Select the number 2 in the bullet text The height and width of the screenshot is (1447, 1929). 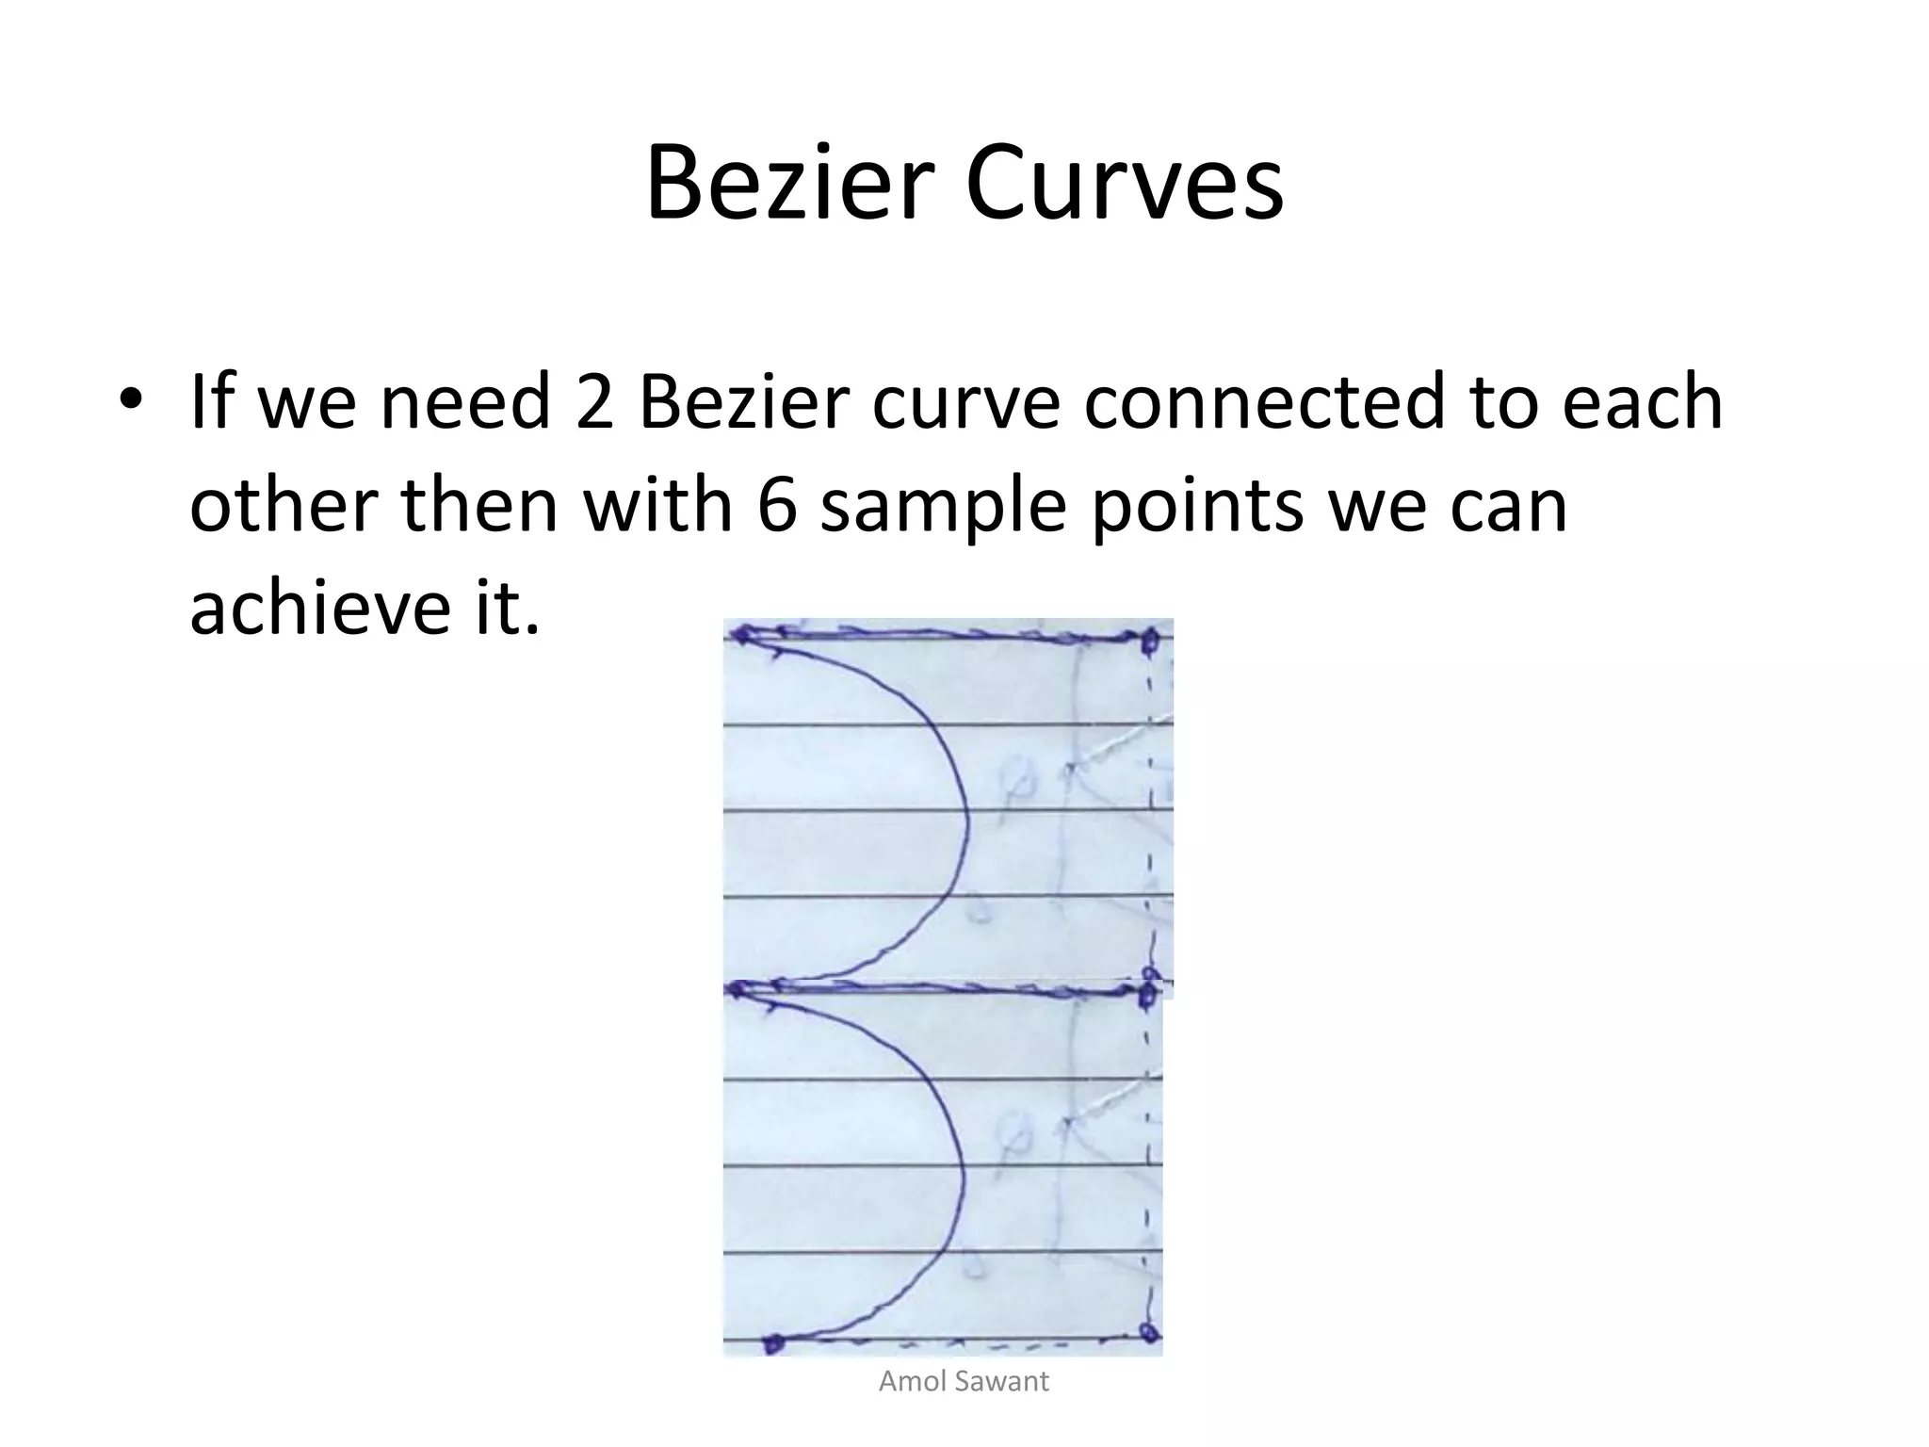[x=594, y=401]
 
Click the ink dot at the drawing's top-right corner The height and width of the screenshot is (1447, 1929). [x=1148, y=642]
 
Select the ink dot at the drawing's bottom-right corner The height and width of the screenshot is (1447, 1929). [x=1147, y=1331]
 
